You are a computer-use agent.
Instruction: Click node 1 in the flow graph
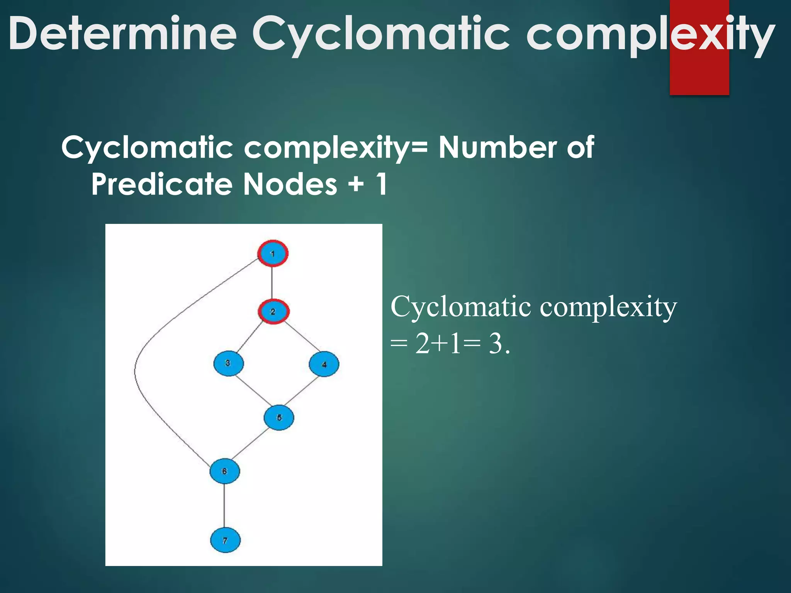tap(273, 254)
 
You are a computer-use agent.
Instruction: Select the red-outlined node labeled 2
tap(273, 311)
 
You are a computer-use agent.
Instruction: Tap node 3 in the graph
tap(228, 363)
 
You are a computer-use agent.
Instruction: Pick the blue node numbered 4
tap(324, 364)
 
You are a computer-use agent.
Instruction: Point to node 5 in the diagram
tap(279, 417)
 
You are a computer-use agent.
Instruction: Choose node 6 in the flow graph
tap(224, 471)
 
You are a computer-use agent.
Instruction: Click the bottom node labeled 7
tap(225, 540)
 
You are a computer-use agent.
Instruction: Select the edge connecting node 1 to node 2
tap(272, 282)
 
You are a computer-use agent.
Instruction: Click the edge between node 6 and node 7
tap(224, 506)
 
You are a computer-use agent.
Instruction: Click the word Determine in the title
tap(123, 34)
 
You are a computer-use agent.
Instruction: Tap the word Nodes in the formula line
tap(290, 185)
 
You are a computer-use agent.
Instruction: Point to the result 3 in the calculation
tap(496, 343)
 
